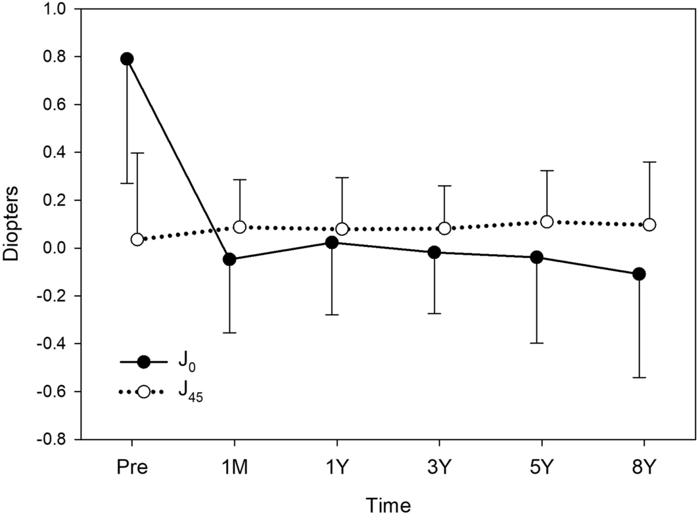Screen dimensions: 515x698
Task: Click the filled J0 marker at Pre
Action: pyautogui.click(x=127, y=59)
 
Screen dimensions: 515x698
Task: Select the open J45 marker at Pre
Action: pyautogui.click(x=137, y=239)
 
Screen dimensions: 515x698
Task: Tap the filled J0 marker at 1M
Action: pyautogui.click(x=229, y=259)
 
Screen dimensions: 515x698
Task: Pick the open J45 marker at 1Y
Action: pyautogui.click(x=342, y=229)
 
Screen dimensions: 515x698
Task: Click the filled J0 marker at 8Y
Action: pyautogui.click(x=639, y=274)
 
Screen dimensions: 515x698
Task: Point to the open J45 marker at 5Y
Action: pyautogui.click(x=547, y=222)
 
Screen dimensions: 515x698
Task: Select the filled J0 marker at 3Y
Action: pyautogui.click(x=434, y=252)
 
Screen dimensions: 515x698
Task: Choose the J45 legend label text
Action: pyautogui.click(x=185, y=392)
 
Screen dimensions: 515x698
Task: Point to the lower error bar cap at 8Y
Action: pyautogui.click(x=639, y=378)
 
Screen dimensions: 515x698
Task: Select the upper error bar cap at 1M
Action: pyautogui.click(x=239, y=179)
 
